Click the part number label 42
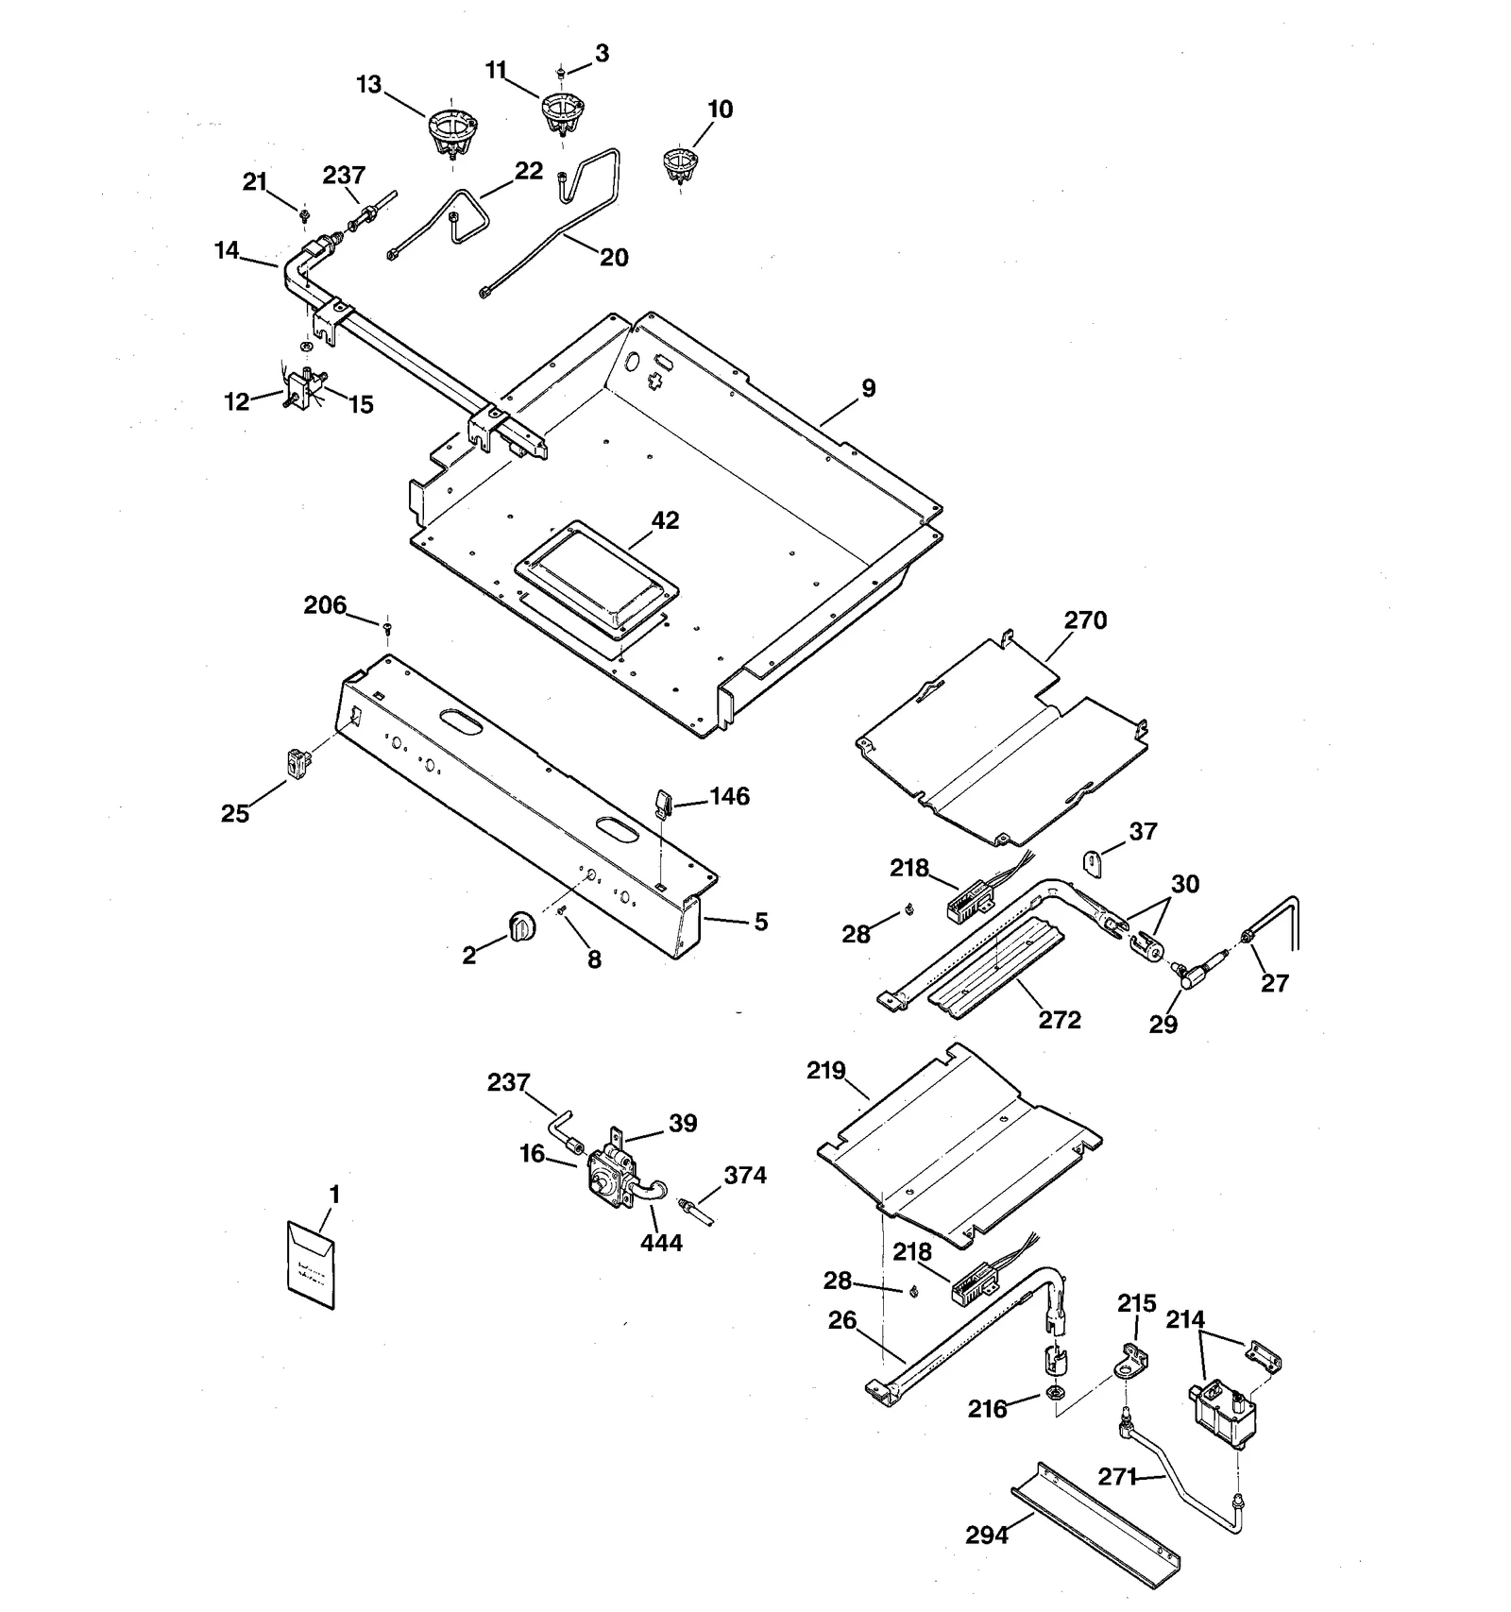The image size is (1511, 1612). coord(665,520)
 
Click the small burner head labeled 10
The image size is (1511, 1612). coord(678,164)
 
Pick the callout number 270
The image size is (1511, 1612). coord(1085,620)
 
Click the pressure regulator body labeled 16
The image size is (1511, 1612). coord(605,1173)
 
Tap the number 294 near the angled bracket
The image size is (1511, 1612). coord(987,1536)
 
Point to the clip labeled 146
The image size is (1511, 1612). coord(662,805)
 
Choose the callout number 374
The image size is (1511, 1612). coord(745,1176)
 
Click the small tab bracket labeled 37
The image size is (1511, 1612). coord(1092,862)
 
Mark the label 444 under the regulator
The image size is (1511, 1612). coord(661,1243)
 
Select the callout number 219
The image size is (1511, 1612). coord(825,1071)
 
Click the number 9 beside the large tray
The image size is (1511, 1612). coord(868,388)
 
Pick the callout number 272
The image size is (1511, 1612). coord(1060,1020)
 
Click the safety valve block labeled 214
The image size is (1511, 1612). coord(1224,1411)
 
